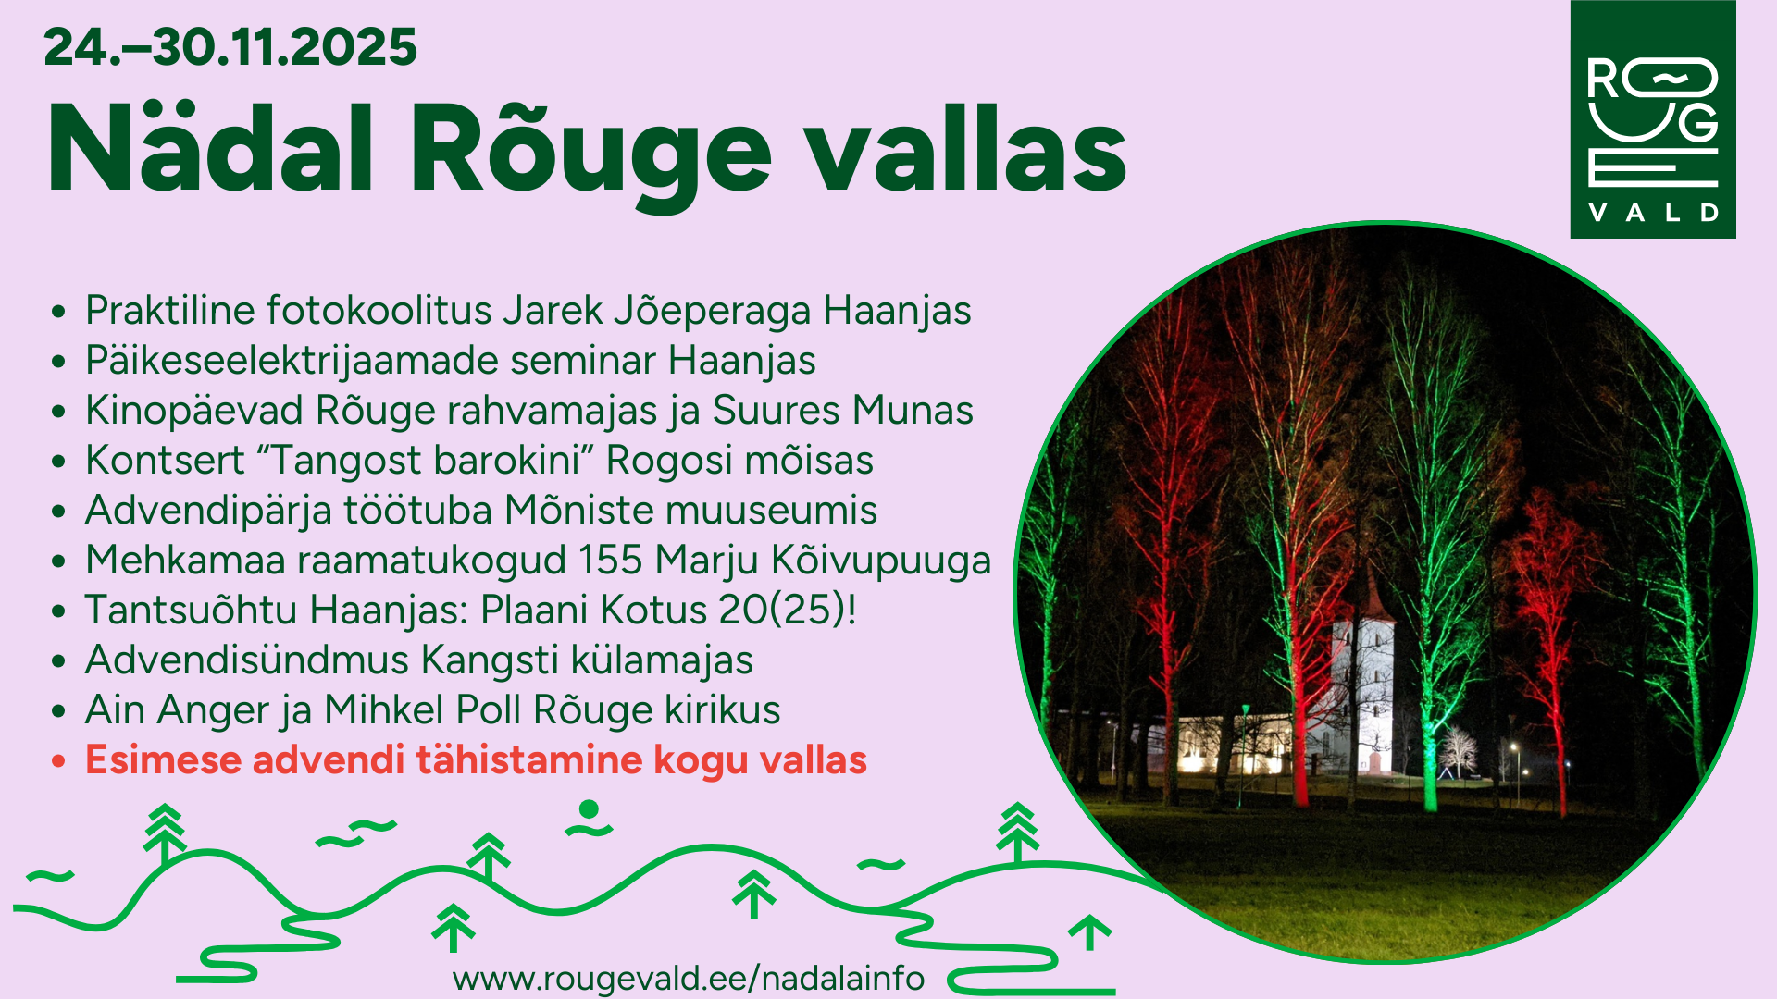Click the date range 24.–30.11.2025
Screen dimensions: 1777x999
click(230, 47)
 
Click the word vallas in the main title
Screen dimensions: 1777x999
click(966, 149)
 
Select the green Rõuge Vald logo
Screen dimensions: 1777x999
click(1653, 119)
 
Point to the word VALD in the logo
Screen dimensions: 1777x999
click(1653, 213)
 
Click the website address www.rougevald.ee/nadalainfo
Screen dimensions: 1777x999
click(689, 978)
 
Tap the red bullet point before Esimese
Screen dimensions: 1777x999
click(59, 762)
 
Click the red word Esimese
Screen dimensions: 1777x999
click(163, 759)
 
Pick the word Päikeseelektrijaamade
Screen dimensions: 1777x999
click(292, 361)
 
